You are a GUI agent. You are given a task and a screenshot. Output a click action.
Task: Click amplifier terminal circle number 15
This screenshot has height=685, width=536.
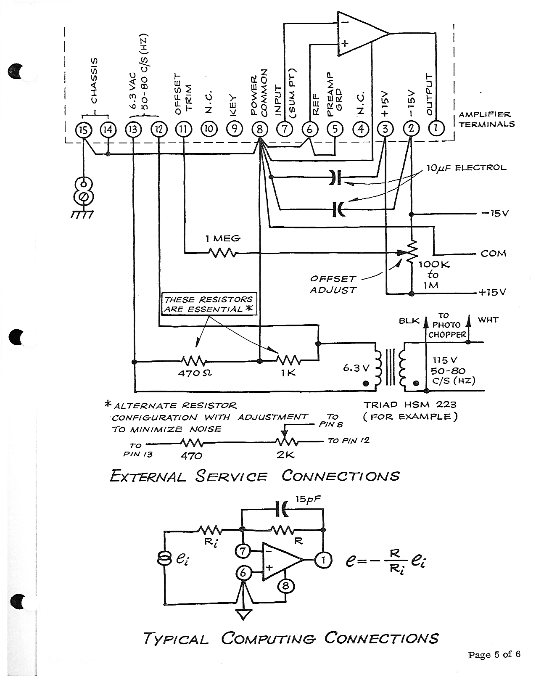(x=83, y=130)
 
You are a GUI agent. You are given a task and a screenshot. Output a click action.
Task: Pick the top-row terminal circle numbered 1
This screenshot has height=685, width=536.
(x=436, y=128)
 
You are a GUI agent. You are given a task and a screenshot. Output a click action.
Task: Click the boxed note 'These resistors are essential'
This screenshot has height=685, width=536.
(x=209, y=304)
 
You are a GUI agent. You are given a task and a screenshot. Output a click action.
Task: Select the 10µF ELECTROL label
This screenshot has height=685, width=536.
(x=466, y=168)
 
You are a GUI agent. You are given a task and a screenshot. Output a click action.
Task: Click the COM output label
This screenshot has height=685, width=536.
(x=493, y=254)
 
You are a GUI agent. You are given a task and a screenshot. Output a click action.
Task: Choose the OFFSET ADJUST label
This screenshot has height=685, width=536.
(x=333, y=284)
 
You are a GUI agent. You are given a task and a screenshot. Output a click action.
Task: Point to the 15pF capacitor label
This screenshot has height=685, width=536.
(x=308, y=500)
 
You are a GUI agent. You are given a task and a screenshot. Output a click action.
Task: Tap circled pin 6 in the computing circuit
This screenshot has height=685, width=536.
(x=243, y=573)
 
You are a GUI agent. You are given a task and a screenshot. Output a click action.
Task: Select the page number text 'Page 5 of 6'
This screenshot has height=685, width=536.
(x=494, y=654)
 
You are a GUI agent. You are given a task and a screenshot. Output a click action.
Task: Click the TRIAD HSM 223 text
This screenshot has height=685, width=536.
(x=410, y=405)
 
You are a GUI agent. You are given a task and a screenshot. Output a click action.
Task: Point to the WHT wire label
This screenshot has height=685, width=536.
(x=488, y=320)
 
